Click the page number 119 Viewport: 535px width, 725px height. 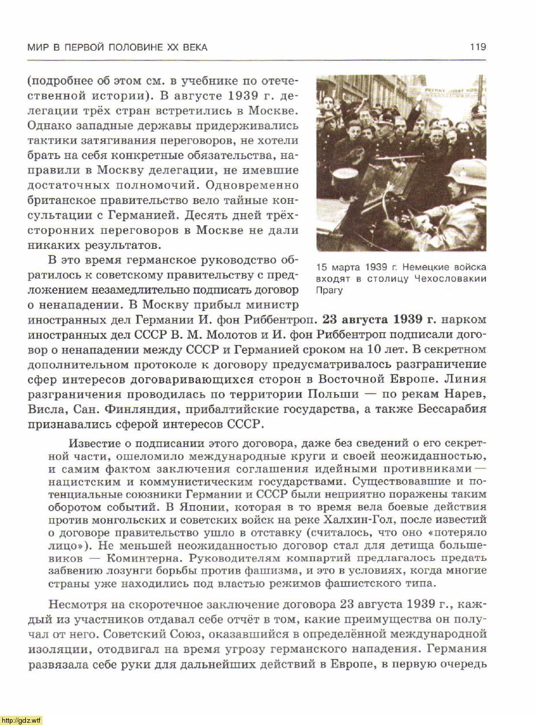[x=478, y=47]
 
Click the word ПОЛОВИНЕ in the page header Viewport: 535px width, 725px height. [x=135, y=47]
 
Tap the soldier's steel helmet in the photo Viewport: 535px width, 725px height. [x=468, y=171]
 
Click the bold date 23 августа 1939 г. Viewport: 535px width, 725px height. [x=380, y=320]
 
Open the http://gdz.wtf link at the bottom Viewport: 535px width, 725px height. [x=22, y=720]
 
